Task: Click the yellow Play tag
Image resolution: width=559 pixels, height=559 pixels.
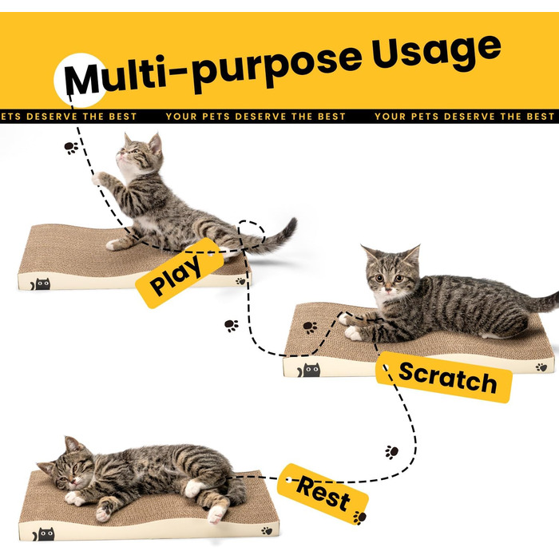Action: coord(180,273)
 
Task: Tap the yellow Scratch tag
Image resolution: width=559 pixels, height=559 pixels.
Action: coord(444,378)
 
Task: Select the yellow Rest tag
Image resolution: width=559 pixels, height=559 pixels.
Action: coord(323,494)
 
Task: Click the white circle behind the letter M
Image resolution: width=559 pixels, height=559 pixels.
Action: coord(80,80)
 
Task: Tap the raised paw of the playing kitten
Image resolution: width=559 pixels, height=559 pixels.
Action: coord(97,178)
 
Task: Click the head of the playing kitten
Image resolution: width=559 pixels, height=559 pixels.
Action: coord(139,153)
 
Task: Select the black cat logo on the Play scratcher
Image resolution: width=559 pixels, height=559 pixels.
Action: coord(40,284)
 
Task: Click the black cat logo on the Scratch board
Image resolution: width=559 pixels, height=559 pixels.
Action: coord(309,371)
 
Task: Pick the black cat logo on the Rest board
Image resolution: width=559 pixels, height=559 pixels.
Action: coord(43,534)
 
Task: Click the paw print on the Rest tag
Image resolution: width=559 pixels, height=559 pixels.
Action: coord(359,517)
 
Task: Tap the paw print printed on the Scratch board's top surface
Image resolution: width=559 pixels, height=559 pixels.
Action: coord(310,327)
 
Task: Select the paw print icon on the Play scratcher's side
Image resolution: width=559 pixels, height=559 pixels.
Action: coord(241,281)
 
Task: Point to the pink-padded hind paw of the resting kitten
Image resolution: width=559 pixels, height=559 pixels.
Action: coord(216,514)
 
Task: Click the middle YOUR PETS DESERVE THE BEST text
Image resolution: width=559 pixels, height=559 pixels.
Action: coord(256,117)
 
